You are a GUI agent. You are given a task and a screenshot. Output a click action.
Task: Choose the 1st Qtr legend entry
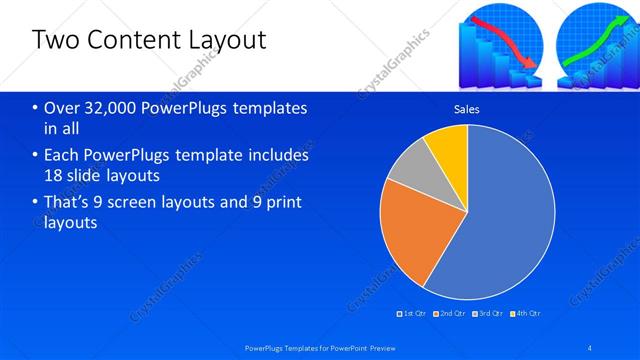414,313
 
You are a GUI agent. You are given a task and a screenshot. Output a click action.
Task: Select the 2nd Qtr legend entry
452,313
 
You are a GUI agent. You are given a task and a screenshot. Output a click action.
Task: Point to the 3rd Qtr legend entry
490,313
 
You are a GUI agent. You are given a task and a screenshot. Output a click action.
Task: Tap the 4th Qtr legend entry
527,313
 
